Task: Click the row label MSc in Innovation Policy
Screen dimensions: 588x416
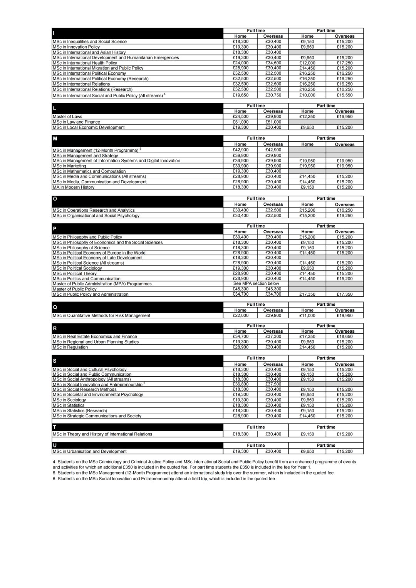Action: [76, 47]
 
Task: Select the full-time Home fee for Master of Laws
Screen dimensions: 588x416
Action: [240, 117]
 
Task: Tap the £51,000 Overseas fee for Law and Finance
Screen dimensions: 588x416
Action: [273, 122]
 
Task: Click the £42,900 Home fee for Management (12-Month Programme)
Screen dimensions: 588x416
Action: [240, 150]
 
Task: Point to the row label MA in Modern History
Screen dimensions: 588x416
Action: [74, 188]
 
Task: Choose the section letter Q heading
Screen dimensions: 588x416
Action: [55, 307]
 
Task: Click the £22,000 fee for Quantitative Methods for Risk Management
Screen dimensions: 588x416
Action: [240, 316]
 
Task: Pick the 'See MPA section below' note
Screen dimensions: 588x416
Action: [256, 284]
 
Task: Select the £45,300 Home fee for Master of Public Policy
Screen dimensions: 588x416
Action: [240, 289]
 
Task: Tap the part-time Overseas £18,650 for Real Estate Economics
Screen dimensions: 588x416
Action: [344, 337]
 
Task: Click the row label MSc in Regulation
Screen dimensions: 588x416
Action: [70, 347]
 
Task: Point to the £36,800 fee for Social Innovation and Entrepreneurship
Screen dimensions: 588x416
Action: [240, 384]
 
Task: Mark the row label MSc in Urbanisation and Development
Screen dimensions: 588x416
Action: [90, 452]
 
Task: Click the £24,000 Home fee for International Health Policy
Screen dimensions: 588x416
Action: [240, 63]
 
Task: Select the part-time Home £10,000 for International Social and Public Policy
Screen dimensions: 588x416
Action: [307, 95]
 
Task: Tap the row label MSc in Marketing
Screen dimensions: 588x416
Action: [70, 166]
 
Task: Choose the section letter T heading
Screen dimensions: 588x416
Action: [55, 427]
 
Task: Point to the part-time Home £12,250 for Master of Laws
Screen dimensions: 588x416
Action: [307, 117]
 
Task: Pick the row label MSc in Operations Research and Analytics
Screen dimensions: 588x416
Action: [94, 211]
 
